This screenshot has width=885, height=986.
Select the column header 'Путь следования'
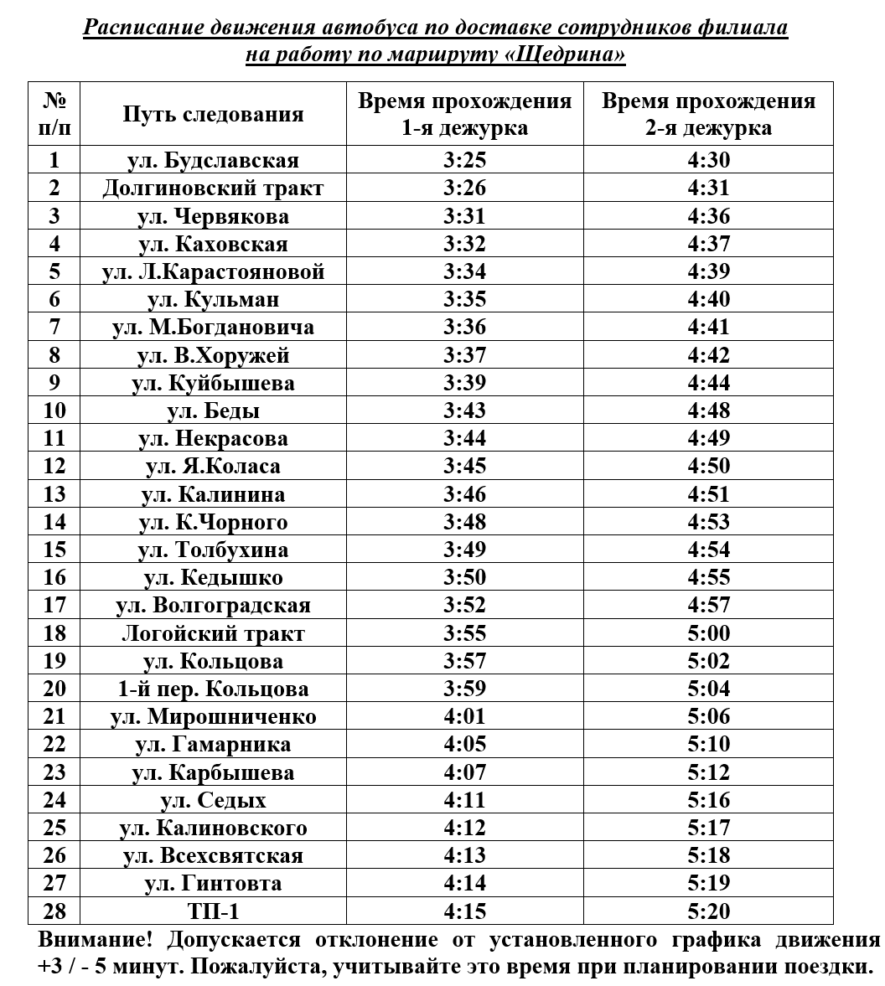coord(213,115)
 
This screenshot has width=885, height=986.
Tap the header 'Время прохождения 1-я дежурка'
coord(464,115)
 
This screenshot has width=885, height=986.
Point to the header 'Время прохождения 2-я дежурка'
coord(708,115)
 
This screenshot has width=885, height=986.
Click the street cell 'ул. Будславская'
coord(213,160)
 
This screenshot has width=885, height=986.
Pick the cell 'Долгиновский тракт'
coord(213,188)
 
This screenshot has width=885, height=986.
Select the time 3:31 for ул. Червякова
coord(464,216)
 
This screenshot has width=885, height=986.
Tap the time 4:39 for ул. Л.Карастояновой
coord(708,271)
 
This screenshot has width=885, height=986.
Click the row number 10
coord(54,410)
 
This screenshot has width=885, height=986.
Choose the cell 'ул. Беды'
coord(213,410)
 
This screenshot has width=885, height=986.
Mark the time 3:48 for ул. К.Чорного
coord(464,522)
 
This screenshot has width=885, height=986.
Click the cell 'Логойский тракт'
coord(213,633)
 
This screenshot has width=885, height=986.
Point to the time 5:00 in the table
coord(708,633)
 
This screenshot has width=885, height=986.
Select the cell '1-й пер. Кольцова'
coord(213,689)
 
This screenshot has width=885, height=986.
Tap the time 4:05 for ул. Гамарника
coord(464,744)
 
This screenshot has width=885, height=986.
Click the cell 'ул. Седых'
coord(213,800)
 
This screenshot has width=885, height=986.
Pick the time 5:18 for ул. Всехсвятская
coord(708,855)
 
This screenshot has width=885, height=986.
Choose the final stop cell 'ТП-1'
coord(213,911)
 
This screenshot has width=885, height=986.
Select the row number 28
coord(54,911)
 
